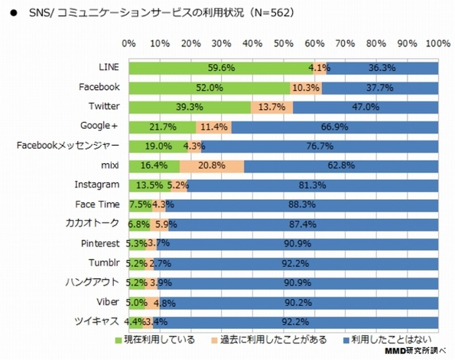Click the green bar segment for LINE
coord(221,68)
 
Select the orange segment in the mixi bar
coord(212,166)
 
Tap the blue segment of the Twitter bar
coord(365,107)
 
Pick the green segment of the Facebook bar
coord(209,88)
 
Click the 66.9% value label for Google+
coord(334,127)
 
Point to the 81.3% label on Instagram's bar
coord(312,185)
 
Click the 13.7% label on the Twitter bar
coord(272,107)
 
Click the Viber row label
coord(108,301)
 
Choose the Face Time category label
coord(97,204)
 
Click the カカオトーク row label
coord(93,224)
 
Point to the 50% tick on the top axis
coord(283,44)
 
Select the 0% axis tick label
coord(129,44)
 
